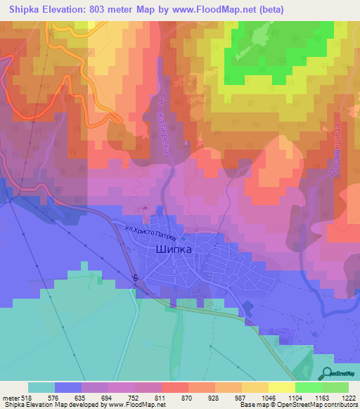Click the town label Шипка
tap(172, 249)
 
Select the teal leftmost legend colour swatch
tap(41, 387)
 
